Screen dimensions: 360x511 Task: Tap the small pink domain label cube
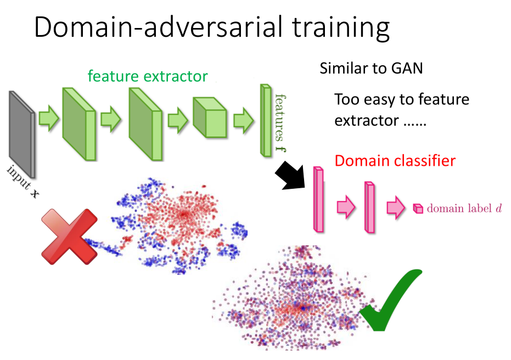(x=418, y=208)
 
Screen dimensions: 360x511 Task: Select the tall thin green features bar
(x=266, y=118)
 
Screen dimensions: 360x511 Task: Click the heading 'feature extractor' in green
(x=148, y=76)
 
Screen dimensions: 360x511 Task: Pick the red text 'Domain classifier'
(x=395, y=161)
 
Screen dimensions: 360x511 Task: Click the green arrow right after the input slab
(x=49, y=119)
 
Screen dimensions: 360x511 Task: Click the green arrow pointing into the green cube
(x=177, y=119)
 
